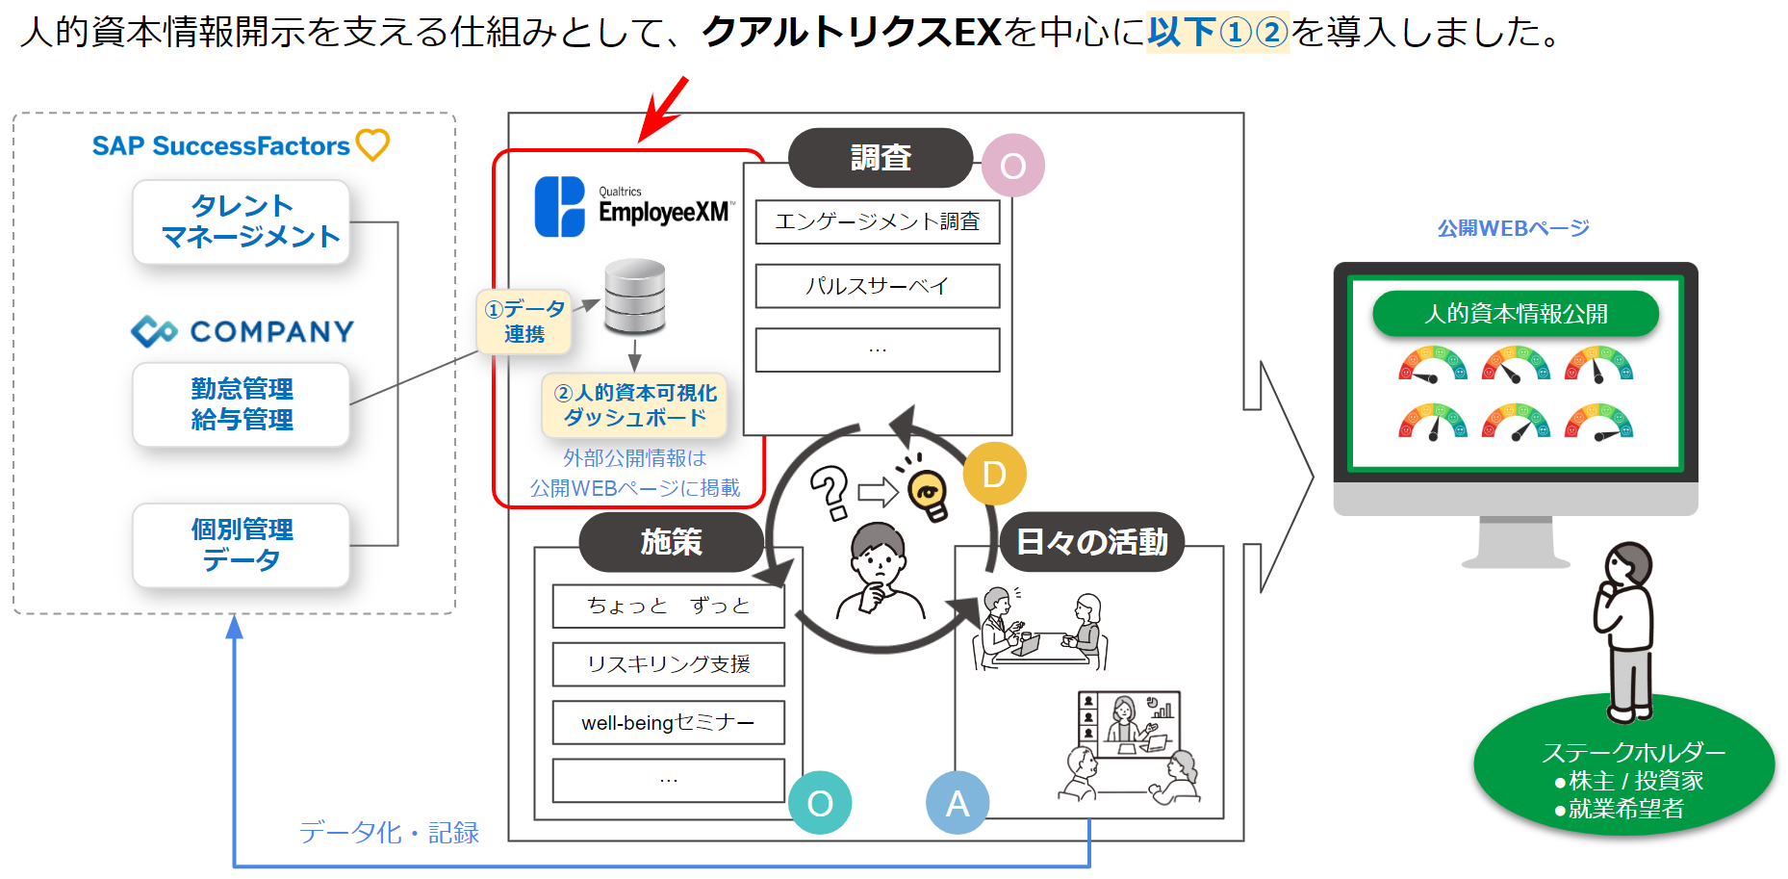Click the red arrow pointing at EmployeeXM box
[x=664, y=109]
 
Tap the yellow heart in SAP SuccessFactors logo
[x=372, y=145]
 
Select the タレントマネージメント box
[x=241, y=221]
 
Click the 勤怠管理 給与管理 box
[x=241, y=404]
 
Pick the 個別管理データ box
[x=241, y=545]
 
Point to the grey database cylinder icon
[x=634, y=296]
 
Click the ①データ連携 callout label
[x=524, y=322]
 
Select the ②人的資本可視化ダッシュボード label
[x=635, y=405]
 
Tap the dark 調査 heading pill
[x=881, y=158]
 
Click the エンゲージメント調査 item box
[x=878, y=221]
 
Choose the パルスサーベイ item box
[x=878, y=286]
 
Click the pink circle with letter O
[x=1013, y=166]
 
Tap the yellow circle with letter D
[x=994, y=474]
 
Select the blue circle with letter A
[x=958, y=803]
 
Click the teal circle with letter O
[x=820, y=803]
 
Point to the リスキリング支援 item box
[x=669, y=664]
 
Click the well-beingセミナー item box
[x=669, y=722]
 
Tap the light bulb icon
[x=927, y=490]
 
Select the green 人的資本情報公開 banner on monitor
[x=1516, y=314]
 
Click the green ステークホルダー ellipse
[x=1624, y=766]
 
